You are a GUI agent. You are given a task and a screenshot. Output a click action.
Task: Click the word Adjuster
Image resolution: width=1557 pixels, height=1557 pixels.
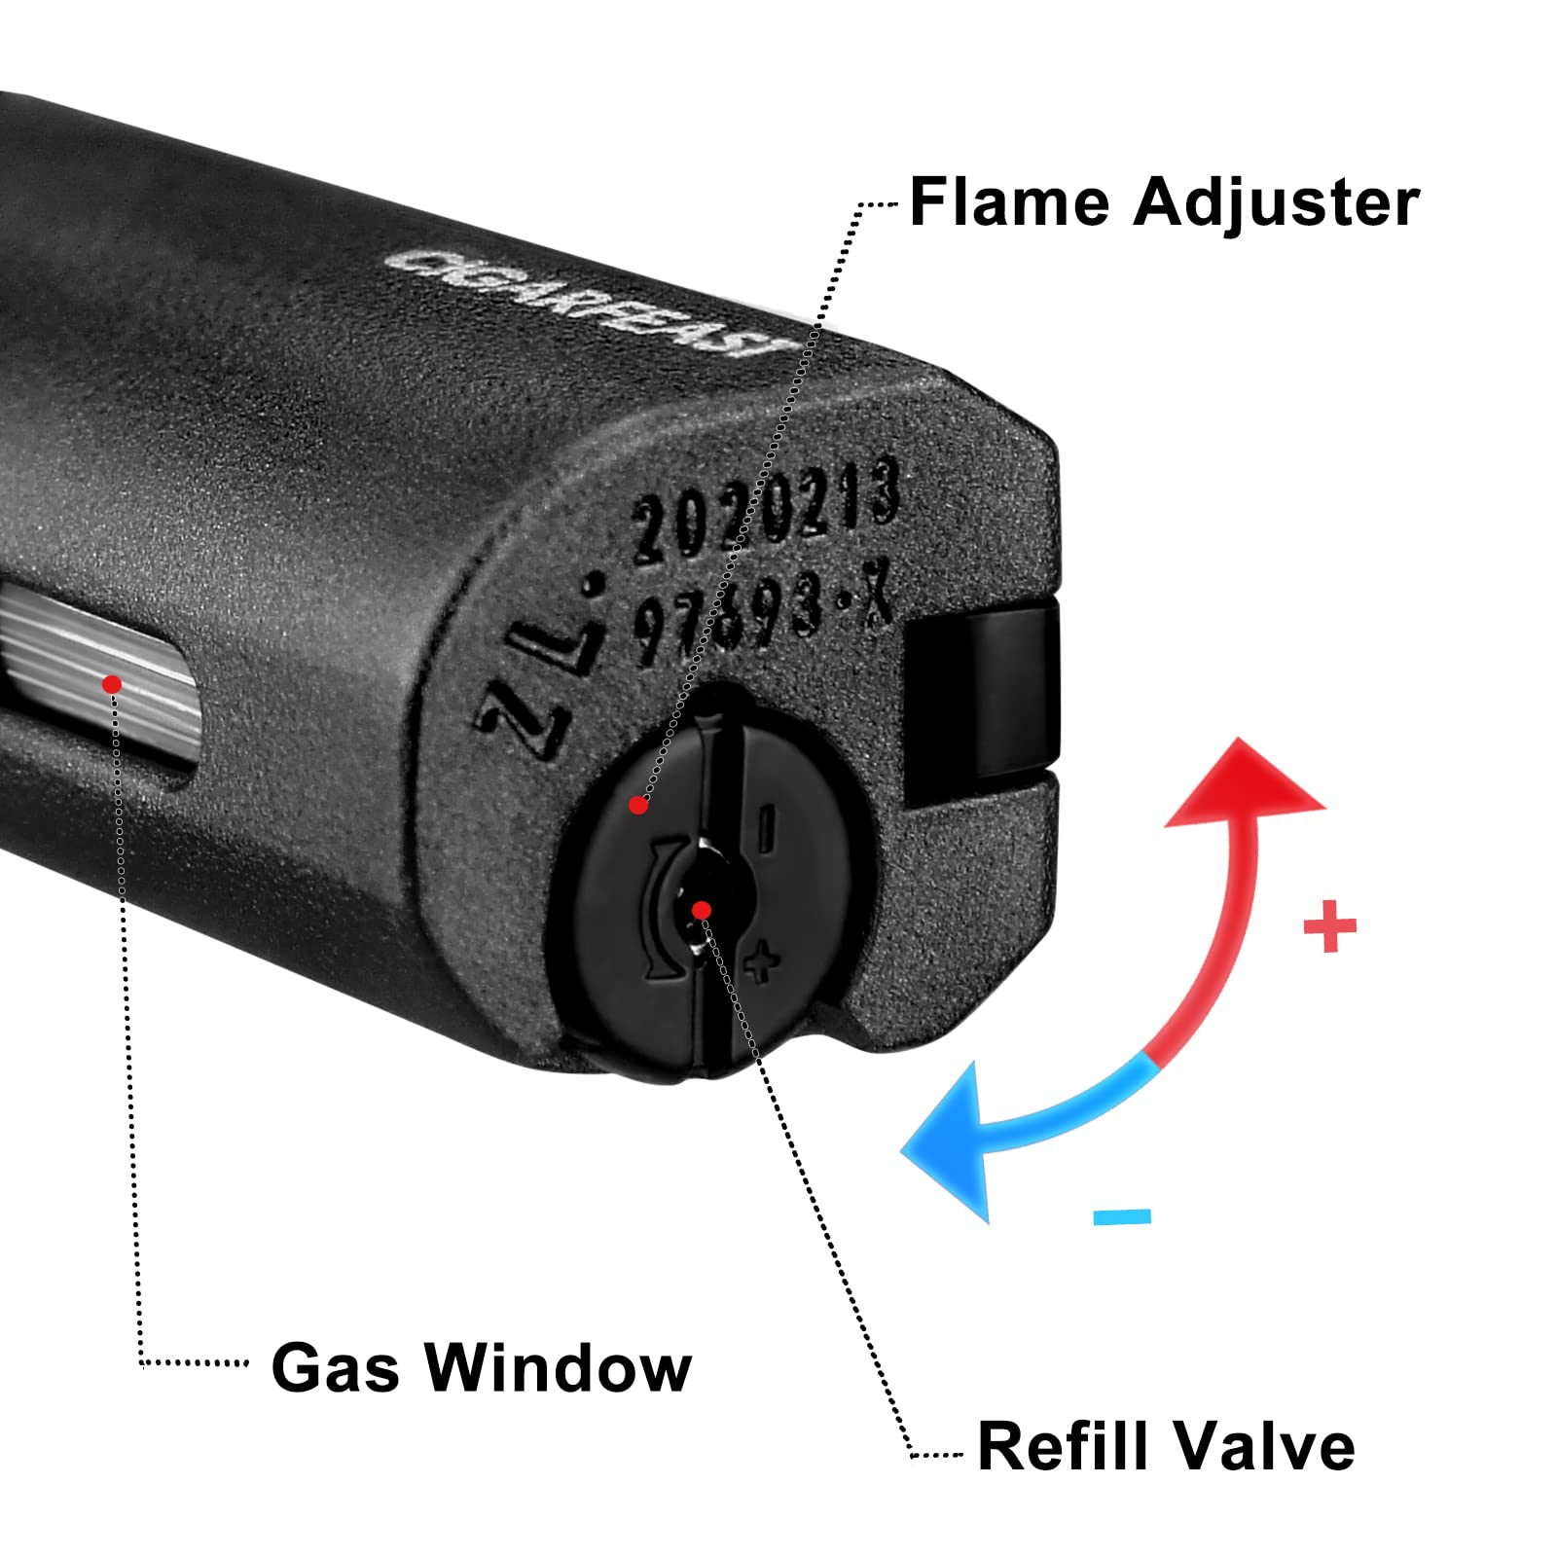point(1276,204)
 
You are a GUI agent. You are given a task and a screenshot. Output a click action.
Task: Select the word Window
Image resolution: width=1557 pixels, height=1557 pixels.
point(559,1367)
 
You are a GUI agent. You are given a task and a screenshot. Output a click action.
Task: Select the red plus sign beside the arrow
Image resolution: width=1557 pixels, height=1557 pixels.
point(1329,925)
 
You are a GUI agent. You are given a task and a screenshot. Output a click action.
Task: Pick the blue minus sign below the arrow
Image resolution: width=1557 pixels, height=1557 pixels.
point(1122,1216)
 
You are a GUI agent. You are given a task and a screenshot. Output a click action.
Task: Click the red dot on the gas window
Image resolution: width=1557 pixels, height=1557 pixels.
point(112,685)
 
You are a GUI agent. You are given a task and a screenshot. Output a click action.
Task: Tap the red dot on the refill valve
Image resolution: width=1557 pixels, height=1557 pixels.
point(702,910)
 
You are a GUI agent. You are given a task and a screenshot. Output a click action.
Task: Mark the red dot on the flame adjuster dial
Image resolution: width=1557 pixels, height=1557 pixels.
point(638,805)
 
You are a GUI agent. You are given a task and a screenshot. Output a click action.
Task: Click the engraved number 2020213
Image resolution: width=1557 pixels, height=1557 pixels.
point(765,511)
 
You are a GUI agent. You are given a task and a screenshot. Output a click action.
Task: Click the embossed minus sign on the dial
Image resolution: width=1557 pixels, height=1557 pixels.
point(767,827)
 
